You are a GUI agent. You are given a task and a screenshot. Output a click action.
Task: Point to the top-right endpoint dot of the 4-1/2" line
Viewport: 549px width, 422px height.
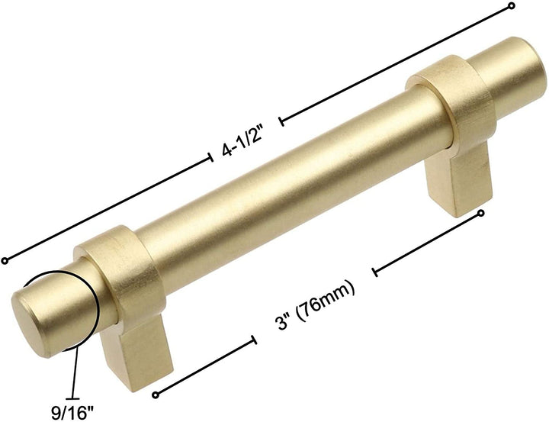click(x=511, y=6)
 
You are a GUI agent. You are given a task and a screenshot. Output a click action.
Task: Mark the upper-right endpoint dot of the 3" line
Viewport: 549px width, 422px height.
click(x=480, y=214)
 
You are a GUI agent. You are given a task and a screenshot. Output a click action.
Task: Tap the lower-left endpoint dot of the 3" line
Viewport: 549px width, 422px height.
click(x=156, y=394)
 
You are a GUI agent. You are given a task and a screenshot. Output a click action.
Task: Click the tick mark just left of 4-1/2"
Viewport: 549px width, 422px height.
click(x=211, y=158)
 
